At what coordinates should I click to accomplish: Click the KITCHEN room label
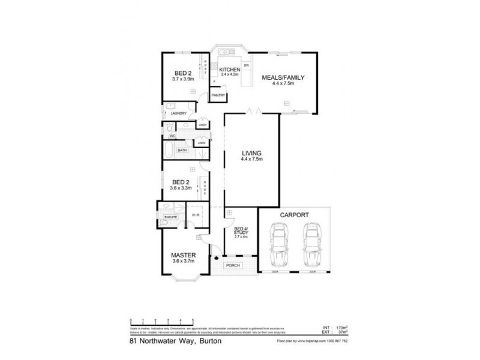tap(230, 70)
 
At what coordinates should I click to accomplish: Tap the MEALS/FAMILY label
tap(284, 77)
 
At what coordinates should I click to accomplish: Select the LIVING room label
tap(252, 154)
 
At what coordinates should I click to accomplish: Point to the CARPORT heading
tap(293, 214)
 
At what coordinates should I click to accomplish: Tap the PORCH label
tap(232, 265)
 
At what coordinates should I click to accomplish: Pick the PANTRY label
tap(217, 95)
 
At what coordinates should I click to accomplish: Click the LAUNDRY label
tap(179, 113)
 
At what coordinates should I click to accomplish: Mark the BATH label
tap(181, 150)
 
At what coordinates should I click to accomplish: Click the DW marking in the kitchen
tap(246, 65)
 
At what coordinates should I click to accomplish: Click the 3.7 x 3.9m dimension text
tap(183, 79)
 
